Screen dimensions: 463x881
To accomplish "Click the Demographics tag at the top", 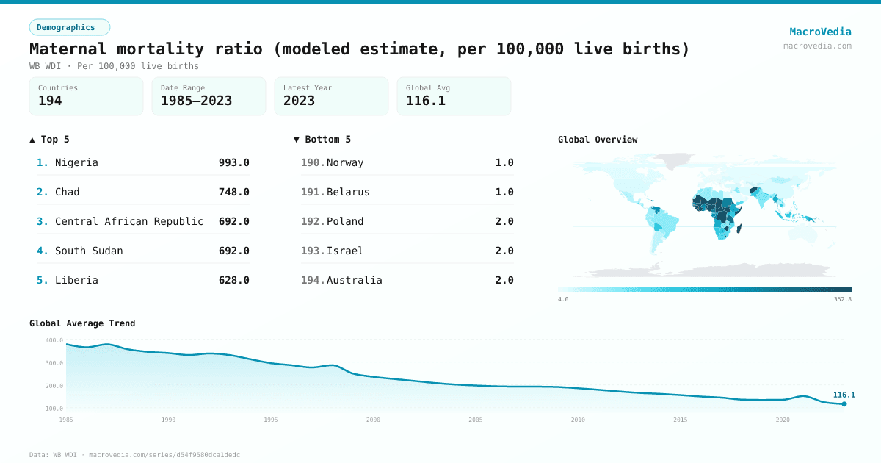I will (x=69, y=27).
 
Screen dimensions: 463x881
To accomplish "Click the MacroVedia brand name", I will (x=820, y=32).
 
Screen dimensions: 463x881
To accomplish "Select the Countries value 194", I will (x=50, y=101).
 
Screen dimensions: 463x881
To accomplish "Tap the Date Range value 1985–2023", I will (x=196, y=101).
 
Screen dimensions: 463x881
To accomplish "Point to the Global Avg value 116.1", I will (x=426, y=101).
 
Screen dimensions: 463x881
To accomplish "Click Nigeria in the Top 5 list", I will (x=76, y=162).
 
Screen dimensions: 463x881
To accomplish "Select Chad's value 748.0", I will (x=233, y=192).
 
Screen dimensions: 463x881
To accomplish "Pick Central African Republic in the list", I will (x=129, y=221).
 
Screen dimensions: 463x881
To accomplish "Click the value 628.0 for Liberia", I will (x=233, y=280).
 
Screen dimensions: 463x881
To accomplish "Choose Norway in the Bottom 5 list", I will (x=345, y=162).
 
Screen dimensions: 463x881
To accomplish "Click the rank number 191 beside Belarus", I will (x=313, y=192).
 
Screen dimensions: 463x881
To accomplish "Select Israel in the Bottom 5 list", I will (x=345, y=251).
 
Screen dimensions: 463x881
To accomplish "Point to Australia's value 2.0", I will (x=504, y=280).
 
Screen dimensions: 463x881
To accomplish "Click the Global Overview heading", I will (x=598, y=140).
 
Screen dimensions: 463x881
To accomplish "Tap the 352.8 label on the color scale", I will (x=842, y=299).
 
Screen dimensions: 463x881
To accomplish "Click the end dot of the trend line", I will (x=844, y=404).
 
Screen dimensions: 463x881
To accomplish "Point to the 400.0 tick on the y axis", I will (x=54, y=340).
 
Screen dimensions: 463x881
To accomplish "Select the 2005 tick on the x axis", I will (x=476, y=420).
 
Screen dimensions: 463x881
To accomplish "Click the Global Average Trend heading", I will (x=82, y=323).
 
